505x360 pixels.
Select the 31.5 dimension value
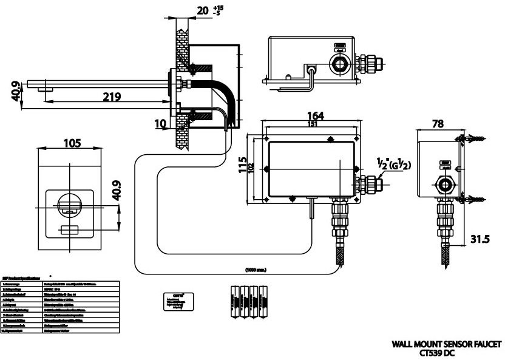coord(480,239)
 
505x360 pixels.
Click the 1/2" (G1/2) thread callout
coord(393,164)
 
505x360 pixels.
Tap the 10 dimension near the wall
coord(160,123)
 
